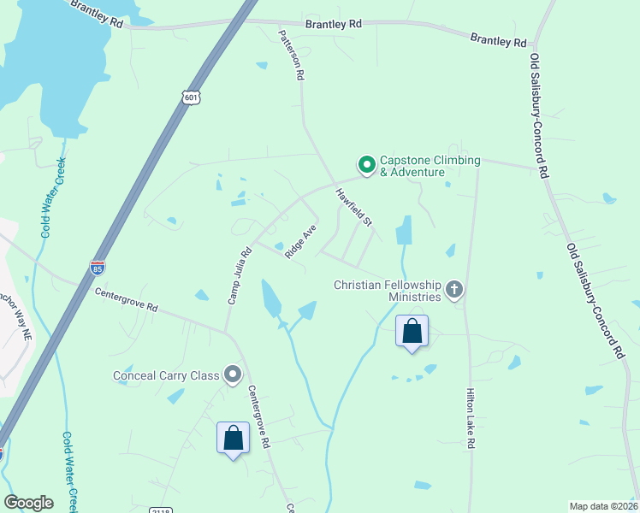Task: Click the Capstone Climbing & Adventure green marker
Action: tap(366, 165)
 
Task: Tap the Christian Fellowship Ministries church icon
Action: tap(453, 291)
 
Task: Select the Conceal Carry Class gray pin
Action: tap(232, 374)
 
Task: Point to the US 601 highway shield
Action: tap(190, 97)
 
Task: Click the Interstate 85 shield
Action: tap(98, 268)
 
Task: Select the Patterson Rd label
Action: tap(291, 55)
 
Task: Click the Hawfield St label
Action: tap(354, 208)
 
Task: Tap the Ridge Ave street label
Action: tap(301, 240)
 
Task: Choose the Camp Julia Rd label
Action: tap(239, 275)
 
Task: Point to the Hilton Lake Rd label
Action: tap(470, 419)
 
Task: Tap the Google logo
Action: tap(28, 503)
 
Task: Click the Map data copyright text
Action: tap(603, 506)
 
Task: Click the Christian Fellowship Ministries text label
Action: tap(388, 291)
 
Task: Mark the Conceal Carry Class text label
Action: tap(166, 375)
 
